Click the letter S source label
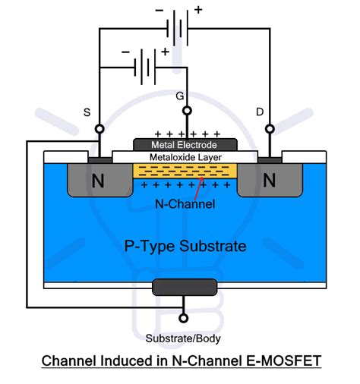pyautogui.click(x=87, y=112)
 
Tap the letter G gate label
pyautogui.click(x=179, y=96)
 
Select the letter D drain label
pyautogui.click(x=260, y=112)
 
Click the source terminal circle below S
pyautogui.click(x=98, y=130)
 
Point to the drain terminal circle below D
pyautogui.click(x=270, y=130)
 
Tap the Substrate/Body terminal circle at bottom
pyautogui.click(x=183, y=319)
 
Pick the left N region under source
pyautogui.click(x=97, y=181)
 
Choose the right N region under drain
pyautogui.click(x=270, y=181)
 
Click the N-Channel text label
pyautogui.click(x=185, y=203)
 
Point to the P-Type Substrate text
pyautogui.click(x=185, y=247)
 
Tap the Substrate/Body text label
pyautogui.click(x=183, y=338)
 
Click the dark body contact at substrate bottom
pyautogui.click(x=183, y=287)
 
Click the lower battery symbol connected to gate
pyautogui.click(x=144, y=68)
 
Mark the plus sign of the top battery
pyautogui.click(x=199, y=10)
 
